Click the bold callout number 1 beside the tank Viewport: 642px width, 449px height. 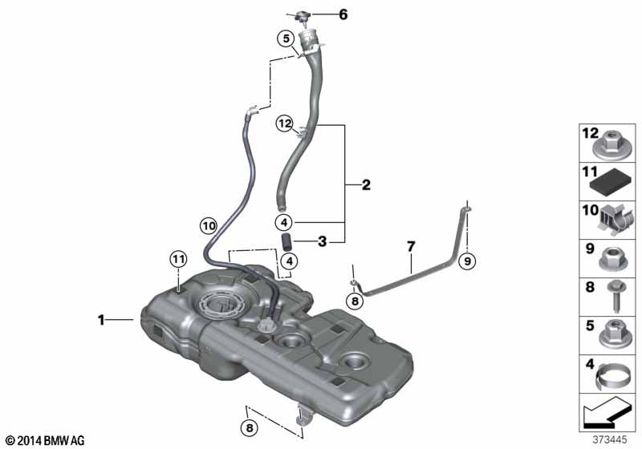pos(102,320)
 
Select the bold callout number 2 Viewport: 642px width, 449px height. pos(366,186)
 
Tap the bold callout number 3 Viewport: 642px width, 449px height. pos(321,240)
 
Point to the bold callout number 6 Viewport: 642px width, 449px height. pos(343,14)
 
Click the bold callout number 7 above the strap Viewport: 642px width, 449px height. pos(410,247)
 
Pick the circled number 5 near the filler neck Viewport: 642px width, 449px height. pos(285,38)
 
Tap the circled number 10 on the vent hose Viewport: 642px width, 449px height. pos(208,227)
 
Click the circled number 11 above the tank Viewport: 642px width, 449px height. pos(177,258)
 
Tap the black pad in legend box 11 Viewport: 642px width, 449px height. pos(615,180)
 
